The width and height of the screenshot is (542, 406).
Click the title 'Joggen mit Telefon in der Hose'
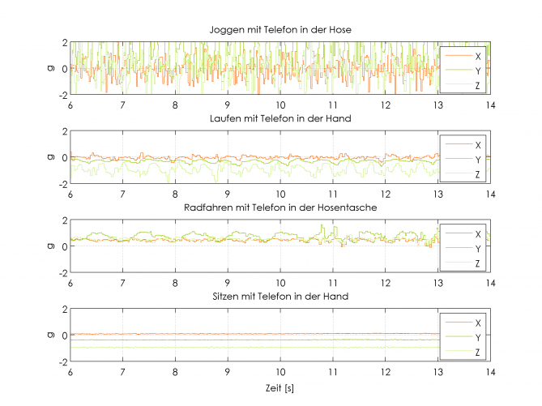tap(280, 31)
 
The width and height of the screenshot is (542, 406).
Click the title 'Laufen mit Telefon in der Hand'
tap(280, 120)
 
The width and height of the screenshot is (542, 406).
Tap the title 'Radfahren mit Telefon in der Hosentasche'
tap(280, 208)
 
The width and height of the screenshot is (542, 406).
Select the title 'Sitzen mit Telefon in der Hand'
tap(280, 297)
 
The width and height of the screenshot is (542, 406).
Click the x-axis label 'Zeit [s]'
tap(280, 389)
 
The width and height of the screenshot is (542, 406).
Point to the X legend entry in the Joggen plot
tap(478, 56)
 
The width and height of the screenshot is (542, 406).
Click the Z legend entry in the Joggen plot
tap(478, 85)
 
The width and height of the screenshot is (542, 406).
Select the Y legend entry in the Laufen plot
tap(478, 160)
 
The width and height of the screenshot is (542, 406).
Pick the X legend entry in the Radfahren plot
tap(478, 234)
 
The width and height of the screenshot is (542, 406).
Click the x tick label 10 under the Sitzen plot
tap(280, 372)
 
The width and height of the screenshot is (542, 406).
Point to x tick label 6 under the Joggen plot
tap(70, 105)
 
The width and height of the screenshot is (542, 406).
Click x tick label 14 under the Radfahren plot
tap(491, 283)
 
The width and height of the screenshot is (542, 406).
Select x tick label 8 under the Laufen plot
tap(175, 194)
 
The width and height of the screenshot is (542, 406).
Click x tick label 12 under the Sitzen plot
tap(386, 372)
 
